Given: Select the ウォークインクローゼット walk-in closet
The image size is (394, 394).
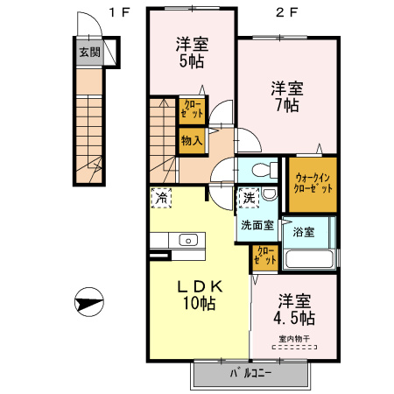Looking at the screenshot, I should click(x=312, y=185).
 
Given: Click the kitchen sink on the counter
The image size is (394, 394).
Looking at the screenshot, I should click(x=188, y=239).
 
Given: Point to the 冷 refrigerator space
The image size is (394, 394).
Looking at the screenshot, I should click(x=161, y=199).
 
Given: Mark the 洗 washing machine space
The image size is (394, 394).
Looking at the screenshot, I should click(x=250, y=200).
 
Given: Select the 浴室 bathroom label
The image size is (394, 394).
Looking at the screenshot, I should click(x=306, y=233).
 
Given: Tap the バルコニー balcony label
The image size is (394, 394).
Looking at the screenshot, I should click(x=250, y=374).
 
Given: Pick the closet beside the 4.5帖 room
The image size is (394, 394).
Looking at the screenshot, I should click(x=264, y=255).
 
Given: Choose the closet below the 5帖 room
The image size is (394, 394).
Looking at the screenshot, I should click(x=193, y=110).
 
